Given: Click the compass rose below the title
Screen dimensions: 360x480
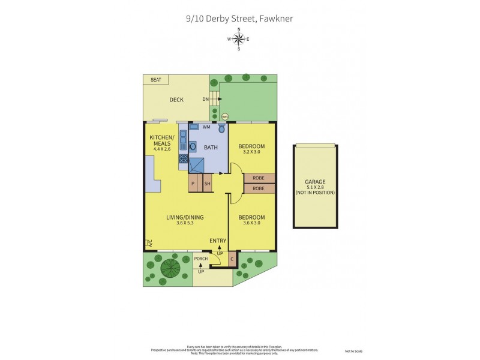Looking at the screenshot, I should click(x=239, y=40).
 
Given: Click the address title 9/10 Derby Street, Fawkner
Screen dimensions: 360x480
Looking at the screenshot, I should click(x=239, y=19).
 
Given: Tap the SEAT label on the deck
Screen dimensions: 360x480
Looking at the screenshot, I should click(x=156, y=79).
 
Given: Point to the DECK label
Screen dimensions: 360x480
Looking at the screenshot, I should click(x=176, y=100).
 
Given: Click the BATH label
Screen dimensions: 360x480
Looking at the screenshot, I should click(x=211, y=147).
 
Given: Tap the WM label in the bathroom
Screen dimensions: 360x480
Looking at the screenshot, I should click(x=206, y=127).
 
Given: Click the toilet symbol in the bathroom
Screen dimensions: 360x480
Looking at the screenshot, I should click(x=221, y=128).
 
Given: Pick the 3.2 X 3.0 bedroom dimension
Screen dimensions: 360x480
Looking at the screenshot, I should click(x=251, y=152).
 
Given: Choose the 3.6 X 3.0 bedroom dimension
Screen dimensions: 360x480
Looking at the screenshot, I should click(x=251, y=223).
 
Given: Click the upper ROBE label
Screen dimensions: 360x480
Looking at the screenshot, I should click(x=259, y=178).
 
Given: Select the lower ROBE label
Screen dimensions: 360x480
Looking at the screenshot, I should click(x=259, y=188).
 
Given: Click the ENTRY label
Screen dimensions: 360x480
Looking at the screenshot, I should click(x=217, y=241).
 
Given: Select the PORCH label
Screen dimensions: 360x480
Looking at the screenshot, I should click(x=200, y=259).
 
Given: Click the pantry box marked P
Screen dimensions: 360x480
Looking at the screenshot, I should click(x=194, y=184).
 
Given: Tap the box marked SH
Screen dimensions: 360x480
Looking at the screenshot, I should click(x=207, y=184).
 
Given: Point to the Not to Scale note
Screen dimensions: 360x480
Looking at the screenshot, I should click(x=353, y=351).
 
